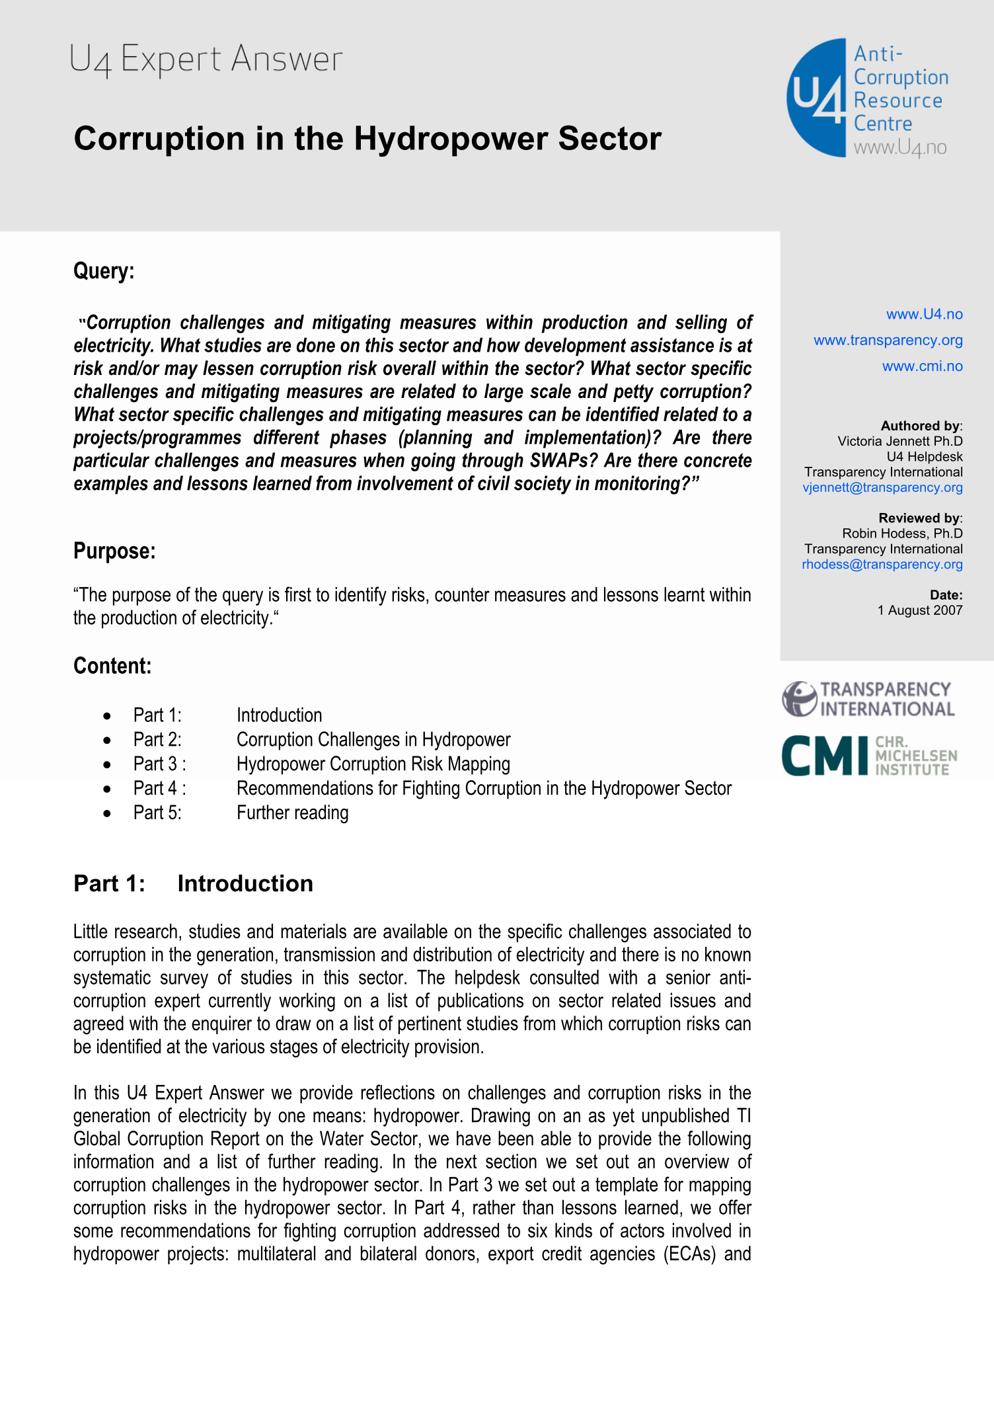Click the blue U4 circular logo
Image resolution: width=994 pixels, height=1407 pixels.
coord(817,98)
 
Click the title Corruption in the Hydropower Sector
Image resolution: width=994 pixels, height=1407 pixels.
coord(367,139)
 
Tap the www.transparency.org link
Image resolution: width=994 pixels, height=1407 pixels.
coord(888,341)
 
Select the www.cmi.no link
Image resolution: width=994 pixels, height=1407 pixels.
coord(922,366)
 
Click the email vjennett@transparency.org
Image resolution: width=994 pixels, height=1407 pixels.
coord(882,488)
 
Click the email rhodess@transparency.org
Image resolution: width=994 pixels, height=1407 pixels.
coord(882,565)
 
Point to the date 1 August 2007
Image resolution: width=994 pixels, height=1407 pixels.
coord(919,610)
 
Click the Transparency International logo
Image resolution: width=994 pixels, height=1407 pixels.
coord(868,699)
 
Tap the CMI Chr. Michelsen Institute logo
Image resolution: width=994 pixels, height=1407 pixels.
coord(868,755)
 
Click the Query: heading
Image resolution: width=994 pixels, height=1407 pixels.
coord(104,271)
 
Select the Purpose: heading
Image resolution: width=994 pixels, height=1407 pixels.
coord(114,551)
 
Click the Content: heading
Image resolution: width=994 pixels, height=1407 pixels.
coord(112,666)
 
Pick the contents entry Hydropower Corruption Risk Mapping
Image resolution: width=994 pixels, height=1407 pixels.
coord(373,764)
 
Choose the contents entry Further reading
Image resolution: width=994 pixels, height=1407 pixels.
coord(292,813)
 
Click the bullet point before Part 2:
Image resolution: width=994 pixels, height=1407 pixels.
coord(107,741)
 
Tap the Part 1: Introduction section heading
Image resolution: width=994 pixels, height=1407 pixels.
coord(193,884)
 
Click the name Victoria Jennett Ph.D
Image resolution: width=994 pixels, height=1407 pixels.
coord(899,442)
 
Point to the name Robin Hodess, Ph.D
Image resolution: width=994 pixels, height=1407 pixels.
coord(901,534)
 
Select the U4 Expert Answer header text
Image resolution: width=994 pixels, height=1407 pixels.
coord(206,60)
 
